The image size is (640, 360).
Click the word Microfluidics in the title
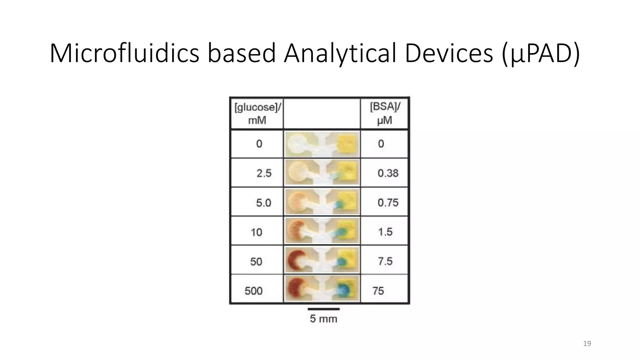[124, 53]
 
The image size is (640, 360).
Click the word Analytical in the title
[340, 53]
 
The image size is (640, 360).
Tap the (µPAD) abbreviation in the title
[541, 53]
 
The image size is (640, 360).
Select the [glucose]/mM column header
[257, 113]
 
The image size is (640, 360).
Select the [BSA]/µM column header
[385, 113]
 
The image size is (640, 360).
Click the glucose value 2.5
[264, 173]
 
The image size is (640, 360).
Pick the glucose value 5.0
[263, 203]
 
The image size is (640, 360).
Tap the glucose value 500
[253, 291]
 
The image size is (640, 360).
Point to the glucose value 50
[256, 262]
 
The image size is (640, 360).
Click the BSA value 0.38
[388, 173]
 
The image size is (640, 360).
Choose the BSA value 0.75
[388, 202]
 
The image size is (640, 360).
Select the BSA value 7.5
[385, 261]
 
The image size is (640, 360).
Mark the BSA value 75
[378, 291]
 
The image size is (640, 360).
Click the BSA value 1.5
[385, 232]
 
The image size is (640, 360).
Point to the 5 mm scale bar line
[323, 309]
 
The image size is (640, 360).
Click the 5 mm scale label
[323, 319]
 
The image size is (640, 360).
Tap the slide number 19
[587, 344]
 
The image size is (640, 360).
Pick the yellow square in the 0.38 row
[348, 172]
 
